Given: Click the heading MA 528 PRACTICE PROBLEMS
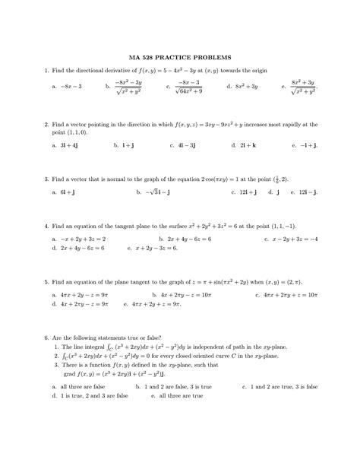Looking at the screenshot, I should (180, 58).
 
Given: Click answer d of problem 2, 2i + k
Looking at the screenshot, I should (242, 144).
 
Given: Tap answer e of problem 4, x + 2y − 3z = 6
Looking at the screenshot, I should (161, 248).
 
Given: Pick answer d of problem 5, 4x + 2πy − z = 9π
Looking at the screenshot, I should (84, 303).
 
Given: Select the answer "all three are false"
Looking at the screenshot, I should (84, 387).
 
